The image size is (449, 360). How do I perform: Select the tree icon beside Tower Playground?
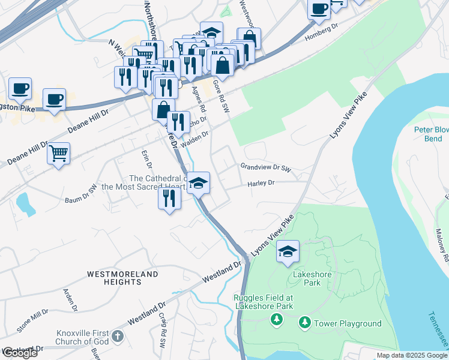305,323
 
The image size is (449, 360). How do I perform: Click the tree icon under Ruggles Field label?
277,318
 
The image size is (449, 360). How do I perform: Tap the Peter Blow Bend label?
431,134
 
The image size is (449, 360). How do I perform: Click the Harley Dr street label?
261,184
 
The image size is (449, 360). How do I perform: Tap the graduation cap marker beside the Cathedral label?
198,182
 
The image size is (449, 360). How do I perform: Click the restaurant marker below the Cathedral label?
170,197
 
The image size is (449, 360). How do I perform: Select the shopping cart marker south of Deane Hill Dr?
59,154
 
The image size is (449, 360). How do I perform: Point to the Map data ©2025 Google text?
412,355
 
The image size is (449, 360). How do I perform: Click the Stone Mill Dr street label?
32,320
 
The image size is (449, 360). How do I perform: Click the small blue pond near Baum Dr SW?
26,205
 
